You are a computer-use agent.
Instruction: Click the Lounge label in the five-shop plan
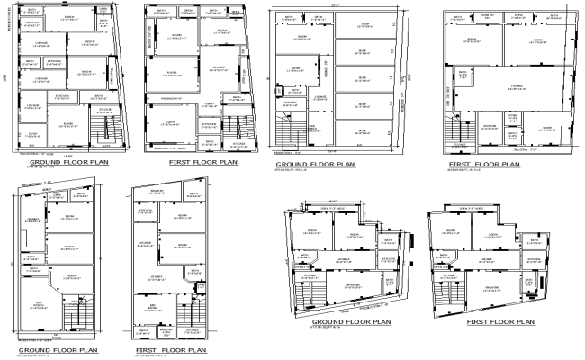click(319, 95)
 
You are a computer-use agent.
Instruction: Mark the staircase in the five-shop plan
click(290, 135)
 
